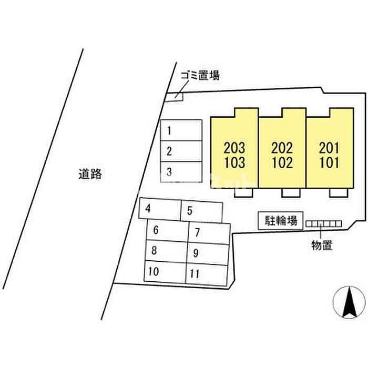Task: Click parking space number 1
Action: coord(181,130)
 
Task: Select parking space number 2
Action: coord(181,151)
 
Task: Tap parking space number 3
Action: coord(181,171)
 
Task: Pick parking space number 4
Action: coord(160,209)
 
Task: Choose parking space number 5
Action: coord(201,212)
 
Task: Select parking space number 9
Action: coord(207,253)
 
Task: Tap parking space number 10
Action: coord(165,271)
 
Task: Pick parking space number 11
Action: coord(206,274)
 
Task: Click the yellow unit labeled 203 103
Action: coord(234,155)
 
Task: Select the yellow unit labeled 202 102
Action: coord(282,155)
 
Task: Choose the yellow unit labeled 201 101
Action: coord(330,155)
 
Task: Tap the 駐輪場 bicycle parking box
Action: coord(280,221)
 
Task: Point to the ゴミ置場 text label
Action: coord(200,76)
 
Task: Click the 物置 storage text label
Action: coord(322,245)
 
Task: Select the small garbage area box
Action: coord(174,96)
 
